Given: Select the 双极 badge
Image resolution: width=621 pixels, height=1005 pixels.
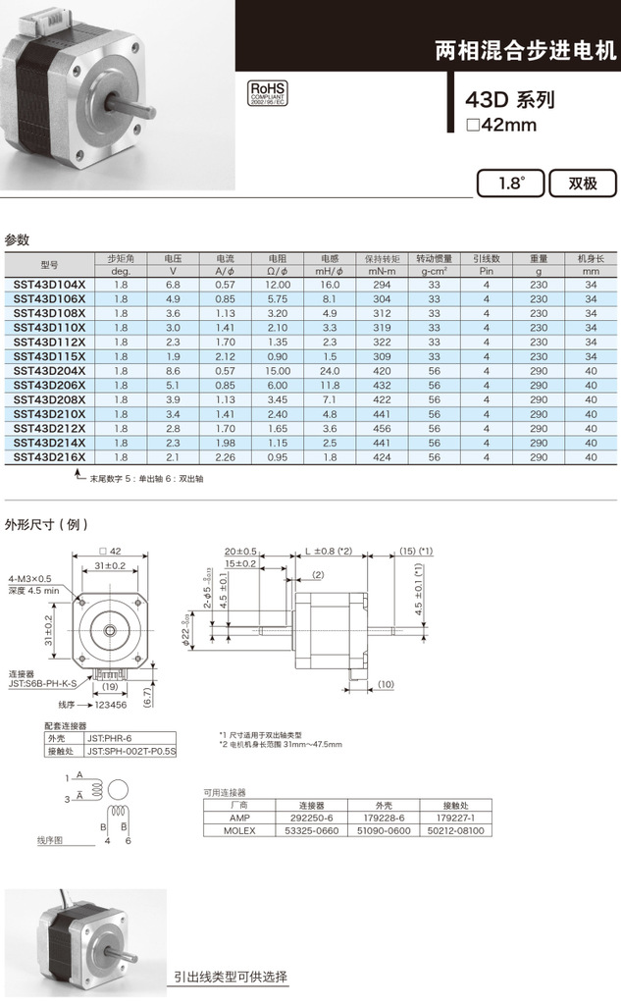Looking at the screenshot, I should pyautogui.click(x=583, y=184).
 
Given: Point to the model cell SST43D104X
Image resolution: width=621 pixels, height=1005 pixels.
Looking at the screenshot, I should pyautogui.click(x=49, y=284).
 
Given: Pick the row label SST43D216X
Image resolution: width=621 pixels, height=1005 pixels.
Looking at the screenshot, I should pyautogui.click(x=49, y=456).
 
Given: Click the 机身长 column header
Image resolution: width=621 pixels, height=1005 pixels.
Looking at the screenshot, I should pyautogui.click(x=590, y=259).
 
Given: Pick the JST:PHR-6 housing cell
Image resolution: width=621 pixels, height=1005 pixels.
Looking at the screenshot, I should pyautogui.click(x=108, y=738).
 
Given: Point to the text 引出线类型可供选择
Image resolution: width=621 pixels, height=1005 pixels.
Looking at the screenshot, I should pyautogui.click(x=231, y=977).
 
